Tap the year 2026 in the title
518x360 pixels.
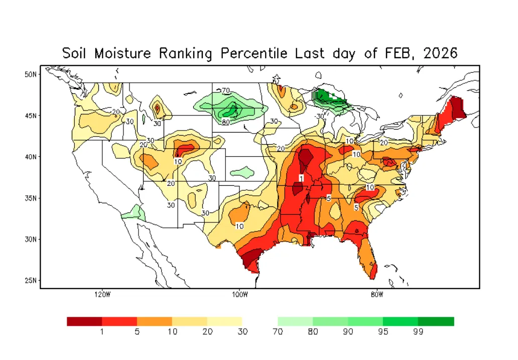pos(441,53)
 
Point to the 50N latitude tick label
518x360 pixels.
pos(31,74)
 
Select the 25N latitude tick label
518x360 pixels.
pos(31,280)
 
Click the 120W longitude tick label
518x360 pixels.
pos(102,295)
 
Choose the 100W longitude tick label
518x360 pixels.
pos(240,295)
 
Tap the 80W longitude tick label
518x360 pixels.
pos(377,295)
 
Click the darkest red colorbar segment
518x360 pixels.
pos(84,321)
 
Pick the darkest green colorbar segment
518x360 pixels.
pos(436,321)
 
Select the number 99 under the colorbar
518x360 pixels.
pos(418,332)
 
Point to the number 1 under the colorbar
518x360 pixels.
pos(102,332)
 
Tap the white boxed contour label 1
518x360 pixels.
pos(301,178)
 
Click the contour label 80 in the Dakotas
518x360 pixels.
pos(226,122)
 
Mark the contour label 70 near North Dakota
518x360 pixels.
pos(226,91)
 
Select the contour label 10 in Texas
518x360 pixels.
pos(240,226)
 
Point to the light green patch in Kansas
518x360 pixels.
pos(242,173)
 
